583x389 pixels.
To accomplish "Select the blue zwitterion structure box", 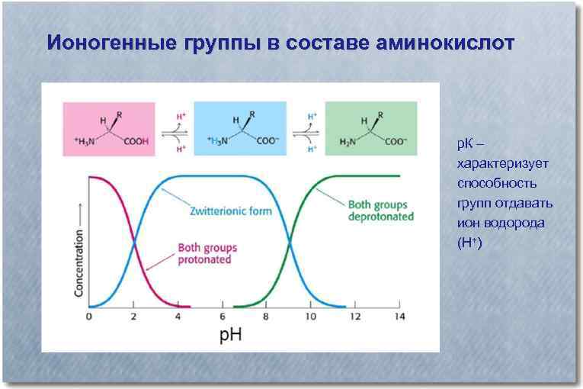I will click(240, 129).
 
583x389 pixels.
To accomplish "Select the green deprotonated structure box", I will click(371, 129).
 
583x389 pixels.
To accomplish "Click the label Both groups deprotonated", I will click(380, 211).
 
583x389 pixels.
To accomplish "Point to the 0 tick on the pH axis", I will click(89, 316).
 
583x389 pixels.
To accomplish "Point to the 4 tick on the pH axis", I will click(178, 316).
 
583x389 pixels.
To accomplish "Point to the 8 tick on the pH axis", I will click(266, 316).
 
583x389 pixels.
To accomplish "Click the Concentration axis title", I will click(78, 251).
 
